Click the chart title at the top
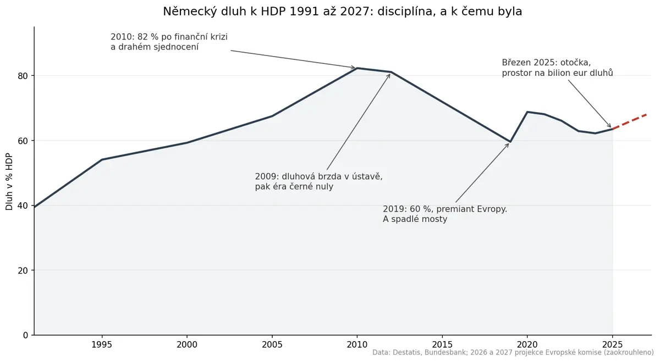point(342,12)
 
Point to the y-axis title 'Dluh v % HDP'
point(9,182)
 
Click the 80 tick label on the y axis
point(23,76)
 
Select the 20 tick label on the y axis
point(23,270)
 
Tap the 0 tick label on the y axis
point(25,335)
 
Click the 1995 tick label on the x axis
point(102,344)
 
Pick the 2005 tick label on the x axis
point(272,344)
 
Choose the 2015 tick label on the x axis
point(442,344)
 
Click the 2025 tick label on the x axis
point(612,344)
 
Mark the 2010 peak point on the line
point(357,68)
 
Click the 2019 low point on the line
point(510,142)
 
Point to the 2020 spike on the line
point(527,112)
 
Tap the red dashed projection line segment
point(629,121)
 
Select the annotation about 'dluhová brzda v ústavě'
point(318,181)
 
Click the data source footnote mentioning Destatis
point(513,353)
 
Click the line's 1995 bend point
point(102,159)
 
